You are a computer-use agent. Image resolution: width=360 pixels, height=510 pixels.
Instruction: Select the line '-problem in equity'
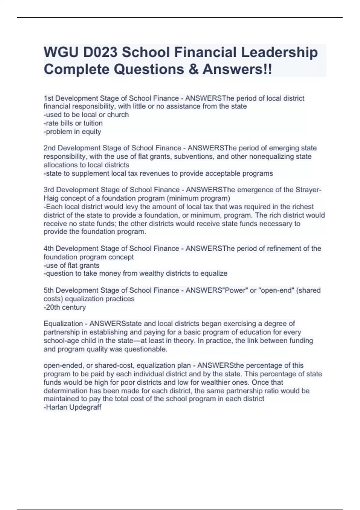72,131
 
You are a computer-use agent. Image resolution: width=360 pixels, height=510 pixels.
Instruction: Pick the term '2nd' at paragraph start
49,148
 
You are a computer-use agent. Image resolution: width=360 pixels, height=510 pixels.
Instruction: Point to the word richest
303,207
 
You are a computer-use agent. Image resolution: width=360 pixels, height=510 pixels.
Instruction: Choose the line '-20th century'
65,307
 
